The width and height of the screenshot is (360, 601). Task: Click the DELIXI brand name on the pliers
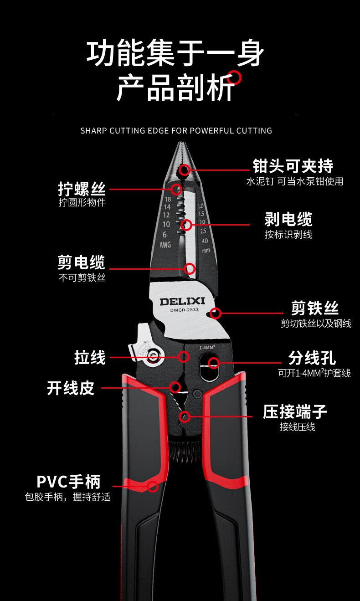click(x=182, y=301)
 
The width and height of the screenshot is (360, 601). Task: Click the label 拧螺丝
click(x=82, y=189)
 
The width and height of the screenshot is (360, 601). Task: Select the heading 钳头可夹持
click(x=293, y=166)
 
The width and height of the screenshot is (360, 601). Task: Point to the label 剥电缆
click(x=288, y=220)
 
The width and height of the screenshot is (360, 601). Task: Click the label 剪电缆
click(x=82, y=262)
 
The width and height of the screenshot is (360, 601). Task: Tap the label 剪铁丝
click(x=315, y=308)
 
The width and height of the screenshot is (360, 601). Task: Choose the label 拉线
click(x=90, y=357)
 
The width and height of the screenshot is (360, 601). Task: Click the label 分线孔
click(x=312, y=358)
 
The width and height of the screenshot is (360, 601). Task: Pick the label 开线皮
click(x=71, y=388)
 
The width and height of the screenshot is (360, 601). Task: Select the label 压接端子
click(x=295, y=411)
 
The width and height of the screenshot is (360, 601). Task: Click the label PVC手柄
click(x=68, y=482)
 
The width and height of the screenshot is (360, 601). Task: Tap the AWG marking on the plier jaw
click(x=165, y=245)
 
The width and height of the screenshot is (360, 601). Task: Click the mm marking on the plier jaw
click(x=206, y=250)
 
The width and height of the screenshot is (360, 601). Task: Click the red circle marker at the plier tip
click(x=184, y=170)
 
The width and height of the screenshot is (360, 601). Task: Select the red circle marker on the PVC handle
click(x=153, y=486)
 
